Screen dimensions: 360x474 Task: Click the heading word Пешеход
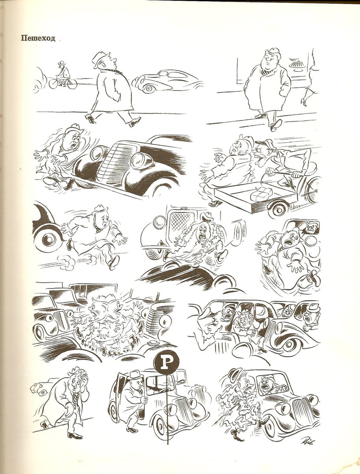[38, 38]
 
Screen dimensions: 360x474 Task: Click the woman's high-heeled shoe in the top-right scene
[304, 101]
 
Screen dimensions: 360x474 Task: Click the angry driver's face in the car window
[310, 228]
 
